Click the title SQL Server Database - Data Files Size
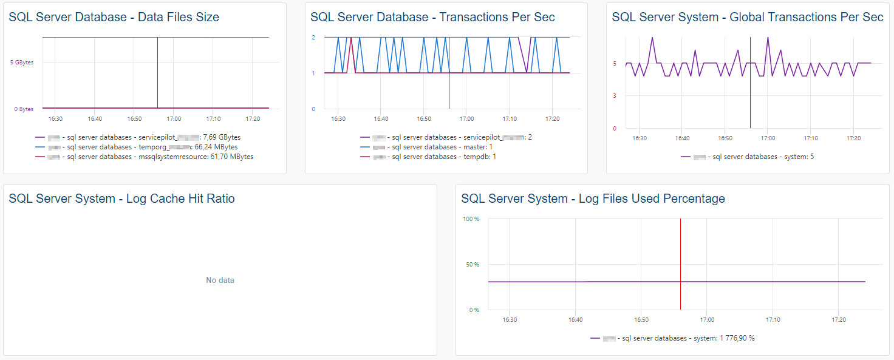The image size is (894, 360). (114, 18)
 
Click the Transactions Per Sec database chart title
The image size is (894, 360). (432, 18)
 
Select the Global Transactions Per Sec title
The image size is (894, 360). (747, 18)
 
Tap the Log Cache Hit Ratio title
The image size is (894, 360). (121, 199)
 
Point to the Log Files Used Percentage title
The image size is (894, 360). (593, 199)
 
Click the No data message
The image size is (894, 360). (220, 280)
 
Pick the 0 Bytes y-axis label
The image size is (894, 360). (24, 109)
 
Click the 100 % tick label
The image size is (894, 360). (471, 219)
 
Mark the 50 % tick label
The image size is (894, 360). (473, 265)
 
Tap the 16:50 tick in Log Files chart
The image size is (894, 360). (641, 320)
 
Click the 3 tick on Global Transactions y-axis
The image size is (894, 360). (615, 96)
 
